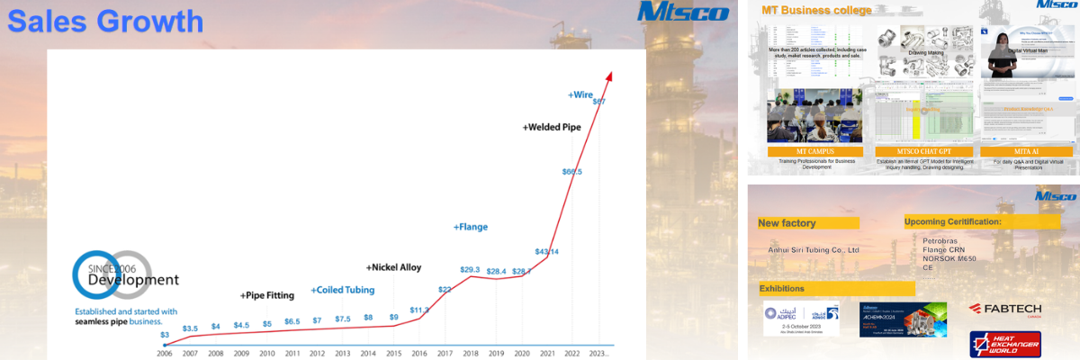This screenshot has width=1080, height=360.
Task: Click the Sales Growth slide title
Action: [x=105, y=21]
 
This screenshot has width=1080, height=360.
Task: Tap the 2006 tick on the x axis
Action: [x=164, y=354]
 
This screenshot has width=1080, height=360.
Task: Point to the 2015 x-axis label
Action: [x=394, y=354]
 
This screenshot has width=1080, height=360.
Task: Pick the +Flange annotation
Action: [x=470, y=227]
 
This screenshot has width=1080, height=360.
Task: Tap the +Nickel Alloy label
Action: [x=393, y=267]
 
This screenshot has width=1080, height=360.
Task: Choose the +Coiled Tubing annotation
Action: [x=342, y=291]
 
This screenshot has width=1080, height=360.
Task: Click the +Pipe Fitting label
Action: [x=266, y=295]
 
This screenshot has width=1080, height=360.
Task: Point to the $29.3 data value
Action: [x=470, y=269]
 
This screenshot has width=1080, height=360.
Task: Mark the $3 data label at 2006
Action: [x=164, y=335]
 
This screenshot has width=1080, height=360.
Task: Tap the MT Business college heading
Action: [x=816, y=11]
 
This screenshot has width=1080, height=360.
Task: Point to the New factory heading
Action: [x=787, y=222]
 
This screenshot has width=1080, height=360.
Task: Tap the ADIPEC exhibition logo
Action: [x=800, y=318]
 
